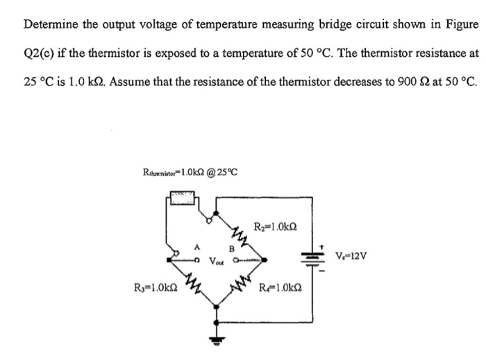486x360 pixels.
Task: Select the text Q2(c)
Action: coord(40,53)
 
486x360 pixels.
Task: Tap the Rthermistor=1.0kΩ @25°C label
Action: coord(190,171)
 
